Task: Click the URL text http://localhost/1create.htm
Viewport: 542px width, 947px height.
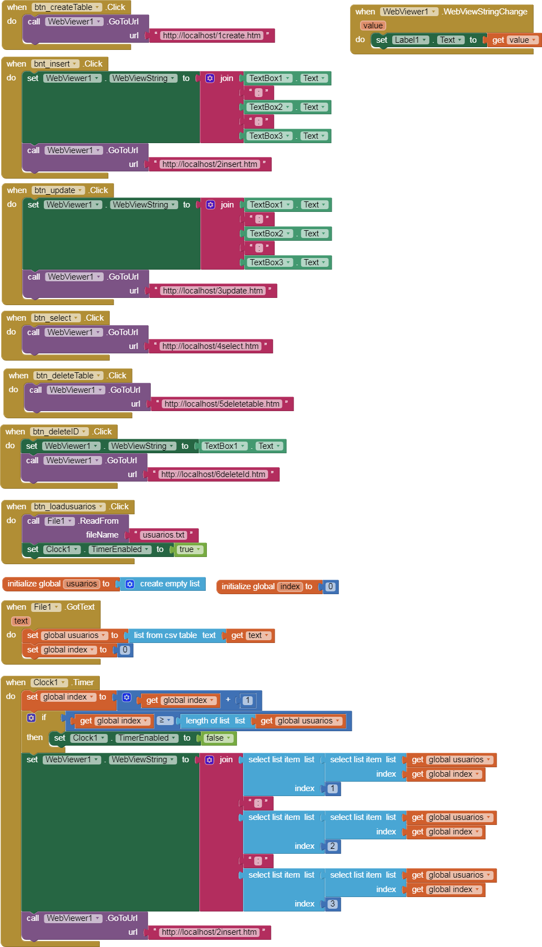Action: [x=211, y=36]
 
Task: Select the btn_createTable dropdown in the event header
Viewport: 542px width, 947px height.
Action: [x=67, y=7]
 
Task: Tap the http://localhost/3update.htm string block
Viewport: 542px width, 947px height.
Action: [x=212, y=291]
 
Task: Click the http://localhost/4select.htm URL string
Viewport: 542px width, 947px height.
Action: [x=210, y=346]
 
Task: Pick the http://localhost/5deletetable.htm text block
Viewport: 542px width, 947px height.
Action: [x=222, y=404]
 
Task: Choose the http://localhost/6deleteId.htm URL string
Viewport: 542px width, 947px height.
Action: [x=213, y=474]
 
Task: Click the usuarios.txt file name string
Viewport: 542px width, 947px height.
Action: [x=164, y=535]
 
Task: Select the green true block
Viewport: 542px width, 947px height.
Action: [x=189, y=549]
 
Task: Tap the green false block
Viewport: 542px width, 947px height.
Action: [x=217, y=738]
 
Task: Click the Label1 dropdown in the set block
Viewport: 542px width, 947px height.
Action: [x=411, y=40]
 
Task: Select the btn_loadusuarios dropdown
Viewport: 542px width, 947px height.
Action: [x=68, y=507]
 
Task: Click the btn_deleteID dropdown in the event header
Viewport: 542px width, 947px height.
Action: [x=59, y=432]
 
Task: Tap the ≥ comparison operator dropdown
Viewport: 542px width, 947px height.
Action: [x=165, y=721]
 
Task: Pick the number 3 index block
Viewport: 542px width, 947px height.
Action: [x=332, y=904]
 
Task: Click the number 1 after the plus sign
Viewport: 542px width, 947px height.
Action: [x=247, y=700]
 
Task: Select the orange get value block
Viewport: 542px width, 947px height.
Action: [x=514, y=40]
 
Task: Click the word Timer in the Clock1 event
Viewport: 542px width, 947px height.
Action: [x=83, y=682]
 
